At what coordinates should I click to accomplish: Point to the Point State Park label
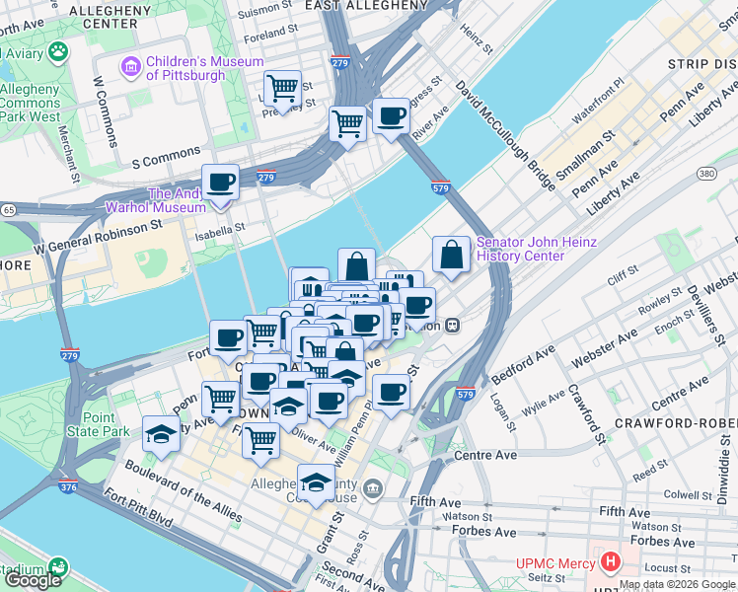click(x=106, y=425)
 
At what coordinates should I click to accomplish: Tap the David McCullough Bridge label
click(x=492, y=129)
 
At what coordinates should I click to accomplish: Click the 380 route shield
click(x=706, y=173)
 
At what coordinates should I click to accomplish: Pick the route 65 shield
click(x=8, y=210)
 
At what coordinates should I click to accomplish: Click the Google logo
click(x=33, y=579)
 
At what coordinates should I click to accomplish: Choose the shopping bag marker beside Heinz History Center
click(x=451, y=257)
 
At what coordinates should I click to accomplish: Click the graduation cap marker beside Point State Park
click(x=159, y=435)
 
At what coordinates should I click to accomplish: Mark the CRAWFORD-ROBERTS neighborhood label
click(x=675, y=422)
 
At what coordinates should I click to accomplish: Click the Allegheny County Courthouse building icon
click(x=372, y=488)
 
